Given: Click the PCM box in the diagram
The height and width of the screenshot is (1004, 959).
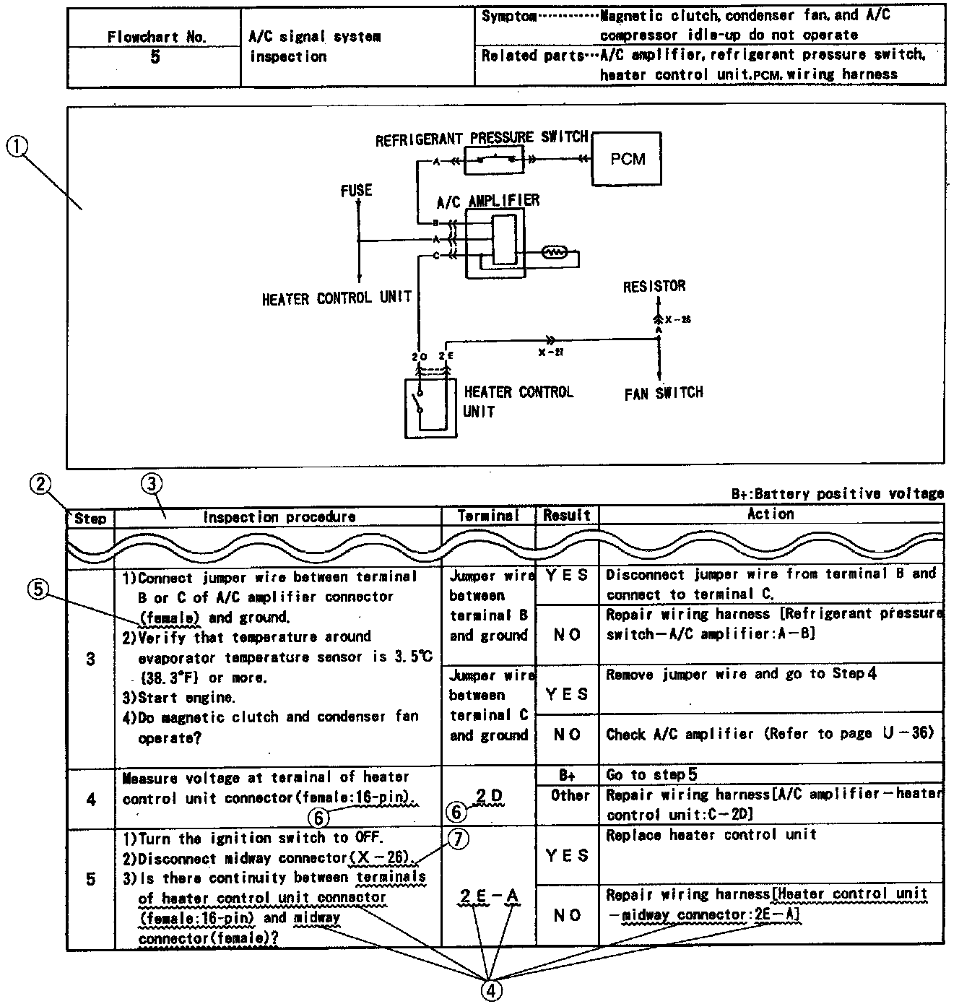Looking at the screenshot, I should click(x=627, y=159).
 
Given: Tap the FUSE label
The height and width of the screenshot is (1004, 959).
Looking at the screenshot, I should click(x=356, y=191).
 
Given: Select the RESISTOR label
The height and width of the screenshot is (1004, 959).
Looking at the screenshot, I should click(x=654, y=287).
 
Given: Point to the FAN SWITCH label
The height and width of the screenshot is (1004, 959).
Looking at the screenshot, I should click(x=663, y=393).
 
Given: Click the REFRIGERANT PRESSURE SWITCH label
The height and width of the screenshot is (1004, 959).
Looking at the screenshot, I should click(x=481, y=138).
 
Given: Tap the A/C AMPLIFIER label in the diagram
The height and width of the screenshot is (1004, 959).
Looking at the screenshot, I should click(x=488, y=201).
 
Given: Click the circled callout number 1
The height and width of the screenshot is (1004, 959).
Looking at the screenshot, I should click(x=17, y=147).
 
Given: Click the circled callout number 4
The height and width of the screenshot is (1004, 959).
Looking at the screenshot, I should click(x=490, y=990).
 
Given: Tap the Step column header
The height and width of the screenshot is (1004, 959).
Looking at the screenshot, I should click(x=90, y=518).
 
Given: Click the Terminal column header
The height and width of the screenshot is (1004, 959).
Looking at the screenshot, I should click(x=488, y=516).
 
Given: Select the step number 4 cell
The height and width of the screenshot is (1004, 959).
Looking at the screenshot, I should click(x=90, y=799).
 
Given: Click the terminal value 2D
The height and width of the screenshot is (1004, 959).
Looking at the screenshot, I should click(x=489, y=796).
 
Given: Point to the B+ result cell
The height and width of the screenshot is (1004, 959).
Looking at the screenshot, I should click(x=567, y=774).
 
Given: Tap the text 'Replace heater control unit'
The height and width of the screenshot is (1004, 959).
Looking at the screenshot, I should click(x=711, y=835).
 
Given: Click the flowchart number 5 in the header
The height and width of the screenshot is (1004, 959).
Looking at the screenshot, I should click(x=155, y=57).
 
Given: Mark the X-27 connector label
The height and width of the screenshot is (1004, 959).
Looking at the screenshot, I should click(x=551, y=352).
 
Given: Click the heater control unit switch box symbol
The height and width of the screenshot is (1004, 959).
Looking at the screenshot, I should click(x=430, y=407).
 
